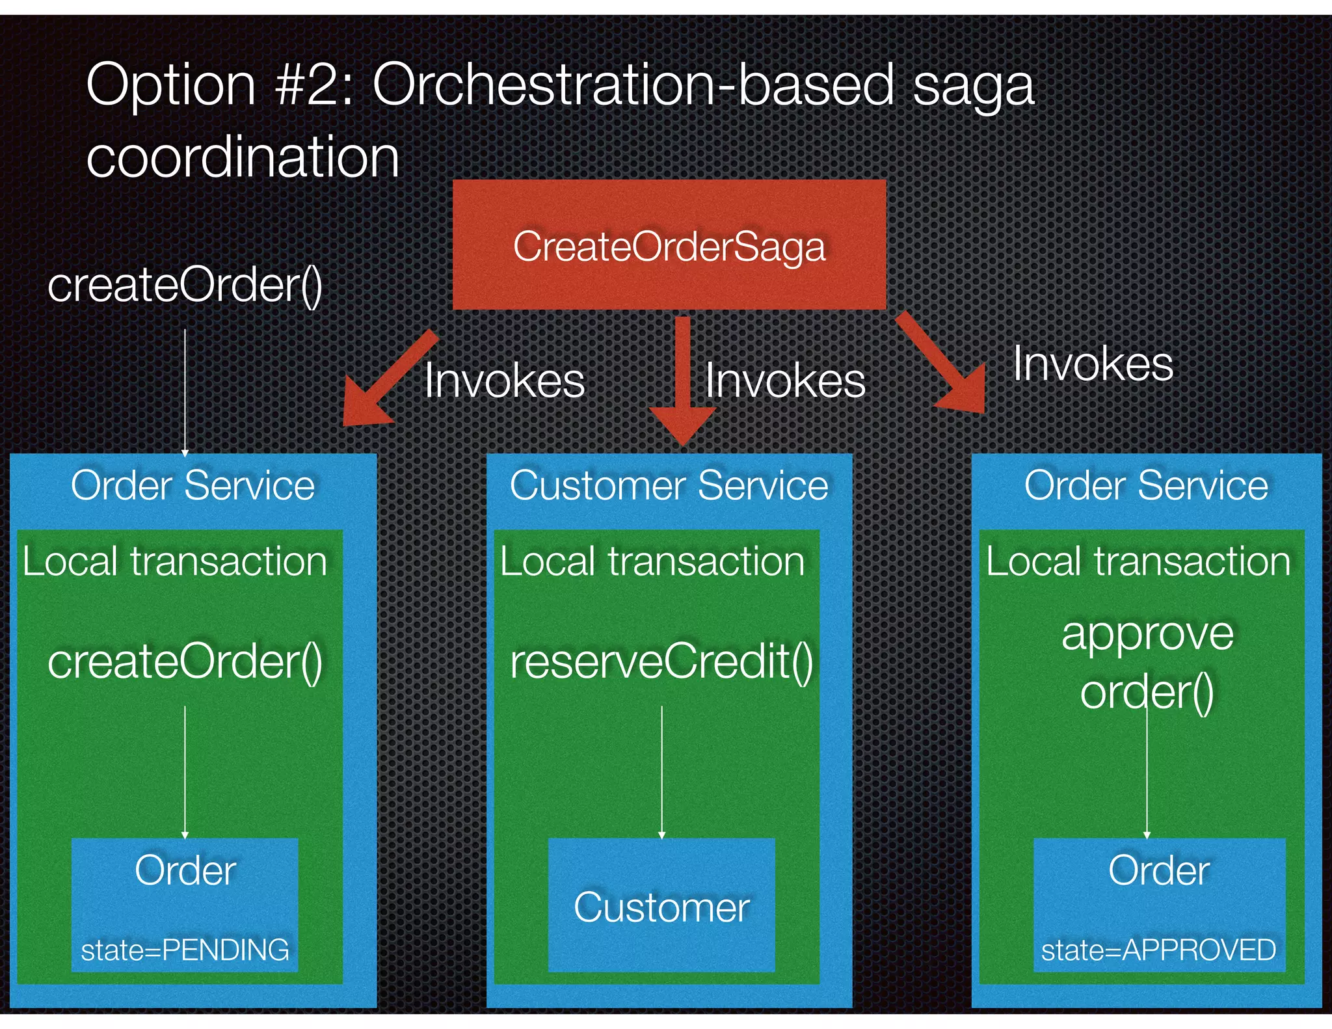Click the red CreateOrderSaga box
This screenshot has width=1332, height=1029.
click(669, 245)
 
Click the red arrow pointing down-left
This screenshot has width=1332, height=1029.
click(387, 381)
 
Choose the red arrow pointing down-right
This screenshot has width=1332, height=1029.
click(943, 364)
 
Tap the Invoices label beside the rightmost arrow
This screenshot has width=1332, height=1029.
click(1093, 364)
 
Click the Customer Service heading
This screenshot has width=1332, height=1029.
click(669, 485)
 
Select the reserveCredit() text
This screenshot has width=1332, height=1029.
click(661, 662)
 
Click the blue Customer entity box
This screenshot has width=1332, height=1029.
click(661, 905)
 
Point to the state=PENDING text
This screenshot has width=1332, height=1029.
click(185, 950)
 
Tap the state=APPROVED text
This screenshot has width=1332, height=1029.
click(1158, 950)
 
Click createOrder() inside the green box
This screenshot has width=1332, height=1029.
click(185, 662)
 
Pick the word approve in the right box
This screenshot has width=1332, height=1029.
click(1147, 634)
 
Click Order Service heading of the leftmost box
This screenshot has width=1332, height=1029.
click(193, 485)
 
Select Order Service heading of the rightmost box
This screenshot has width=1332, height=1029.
click(1146, 485)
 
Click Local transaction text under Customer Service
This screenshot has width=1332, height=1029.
click(652, 561)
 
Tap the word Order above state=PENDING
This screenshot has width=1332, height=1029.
click(185, 870)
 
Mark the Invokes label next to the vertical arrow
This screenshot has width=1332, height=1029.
click(785, 381)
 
